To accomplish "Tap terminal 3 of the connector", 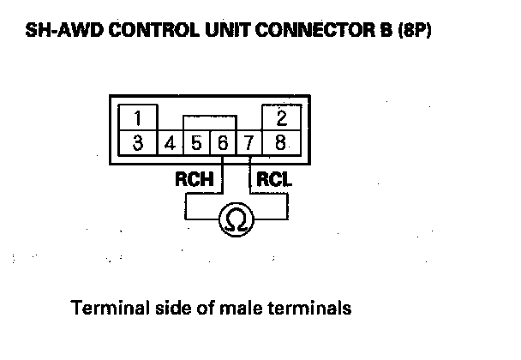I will click(x=138, y=141).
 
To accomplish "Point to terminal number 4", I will click(x=171, y=142).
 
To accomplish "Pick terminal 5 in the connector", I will click(x=196, y=142).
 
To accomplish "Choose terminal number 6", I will click(x=222, y=142).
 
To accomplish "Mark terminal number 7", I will click(x=249, y=142).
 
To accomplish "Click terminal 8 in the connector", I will click(x=280, y=141).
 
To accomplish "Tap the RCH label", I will click(x=194, y=181).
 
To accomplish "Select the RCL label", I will click(x=276, y=181).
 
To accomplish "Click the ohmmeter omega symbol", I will click(x=236, y=220).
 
